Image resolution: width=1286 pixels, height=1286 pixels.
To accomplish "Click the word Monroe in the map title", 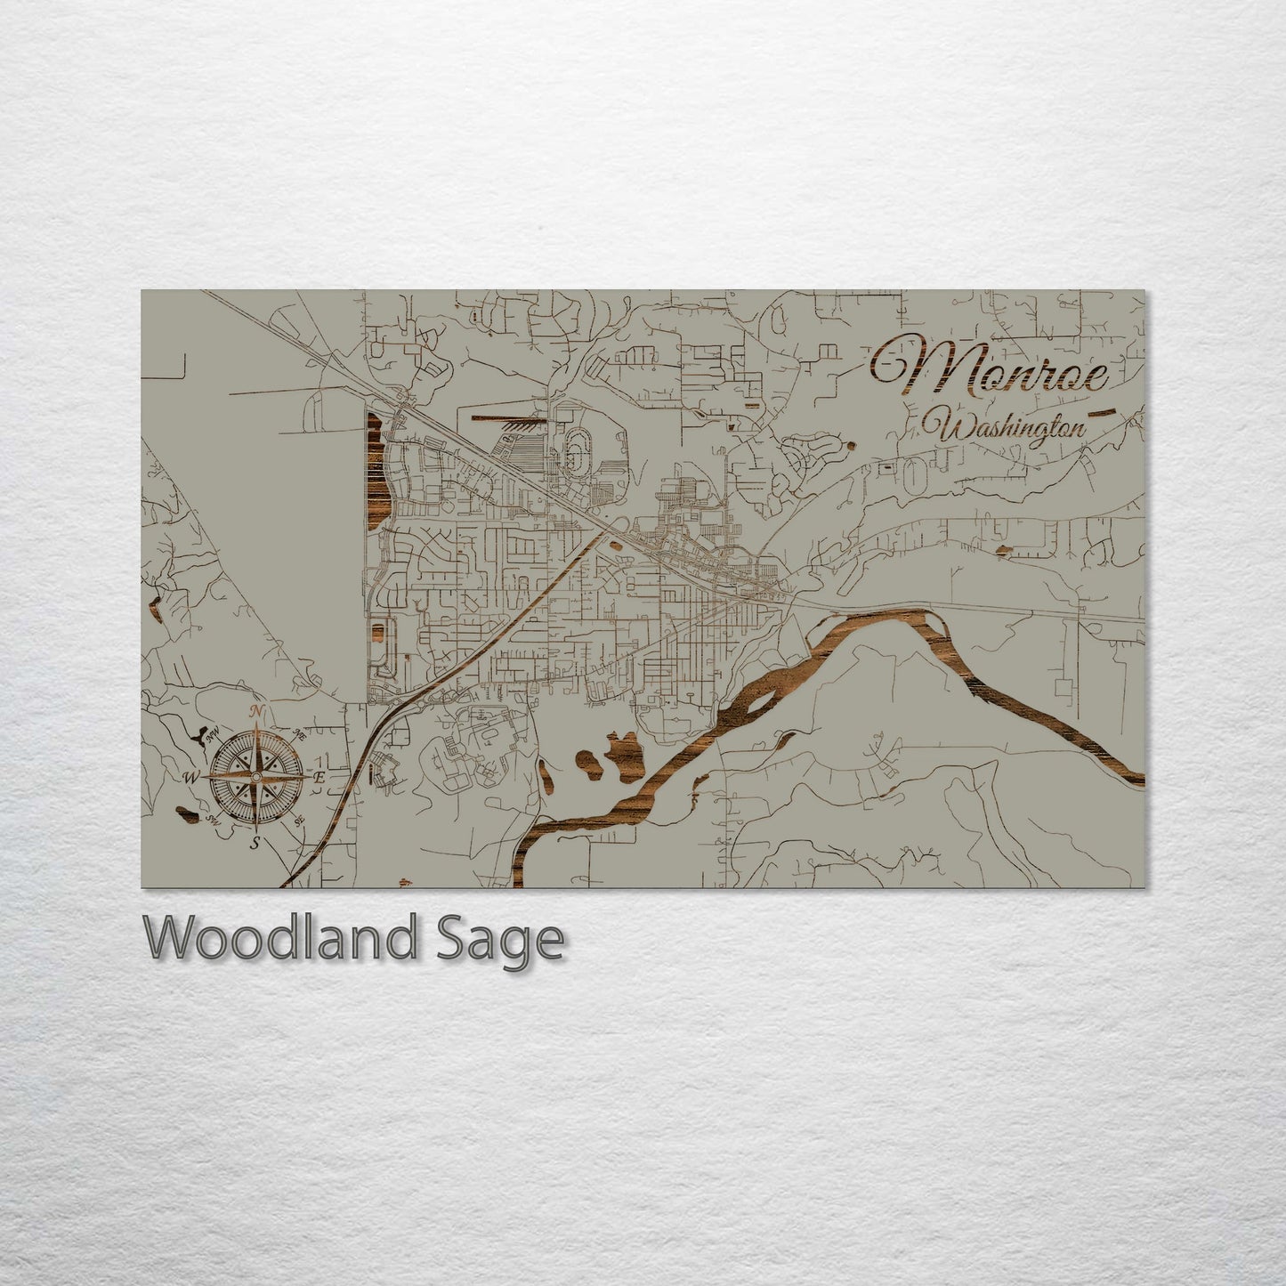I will click(990, 367).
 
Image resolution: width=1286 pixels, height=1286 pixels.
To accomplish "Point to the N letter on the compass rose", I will click(257, 710).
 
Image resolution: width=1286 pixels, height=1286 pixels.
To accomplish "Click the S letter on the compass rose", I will click(255, 844).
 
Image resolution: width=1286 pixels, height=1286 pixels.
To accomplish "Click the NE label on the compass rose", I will click(298, 734).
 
